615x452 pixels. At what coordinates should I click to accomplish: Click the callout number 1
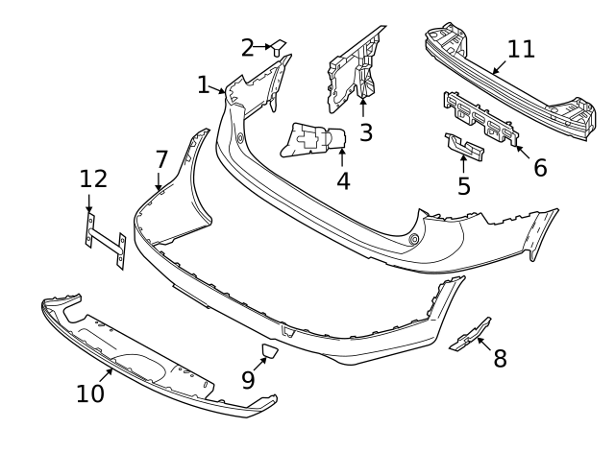204,84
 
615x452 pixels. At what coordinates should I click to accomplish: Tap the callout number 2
248,47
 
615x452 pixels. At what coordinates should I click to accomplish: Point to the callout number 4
342,180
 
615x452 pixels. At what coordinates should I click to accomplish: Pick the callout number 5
464,184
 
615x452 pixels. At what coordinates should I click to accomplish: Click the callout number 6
539,167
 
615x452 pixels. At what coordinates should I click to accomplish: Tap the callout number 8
499,359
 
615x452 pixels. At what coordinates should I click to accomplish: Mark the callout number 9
248,379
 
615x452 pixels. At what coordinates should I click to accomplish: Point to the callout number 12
93,178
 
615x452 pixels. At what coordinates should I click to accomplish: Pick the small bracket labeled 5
465,146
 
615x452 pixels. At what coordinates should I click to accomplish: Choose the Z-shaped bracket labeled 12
103,240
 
